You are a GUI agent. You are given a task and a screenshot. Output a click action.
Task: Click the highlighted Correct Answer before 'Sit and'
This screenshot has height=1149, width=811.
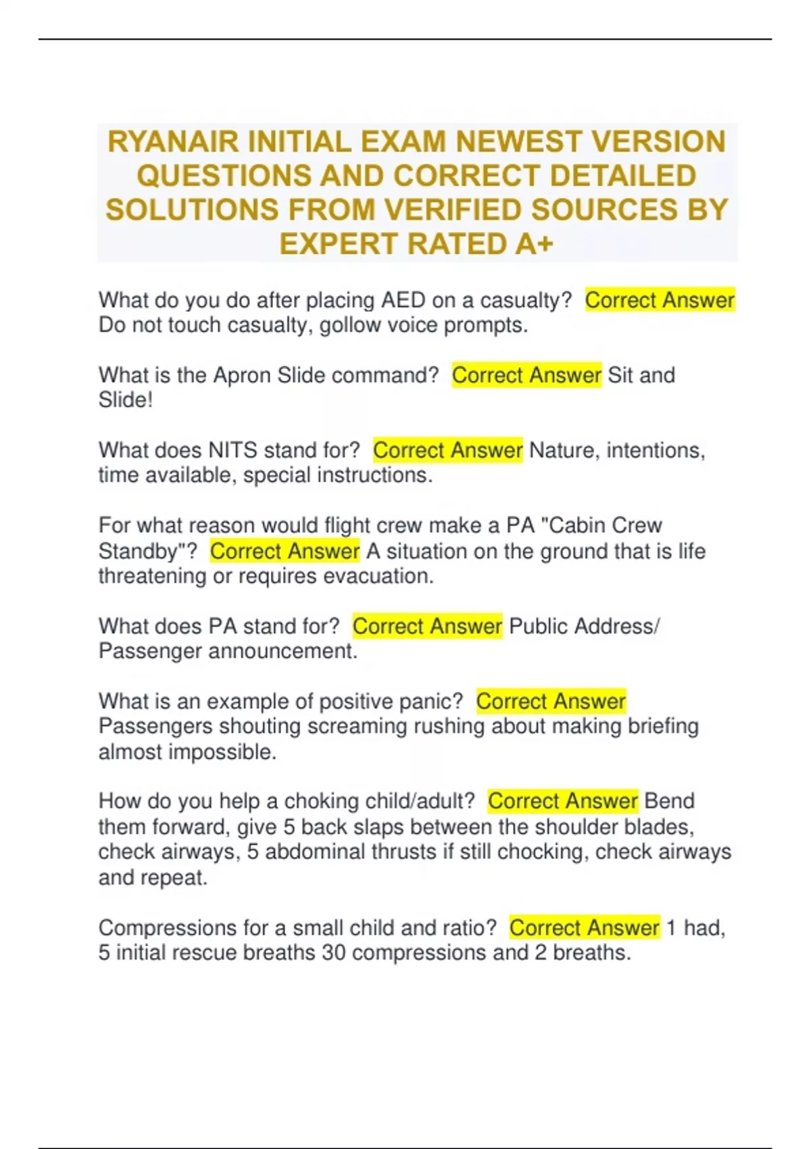pos(526,375)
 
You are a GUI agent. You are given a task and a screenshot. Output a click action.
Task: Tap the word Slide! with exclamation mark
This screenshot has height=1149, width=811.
pos(126,400)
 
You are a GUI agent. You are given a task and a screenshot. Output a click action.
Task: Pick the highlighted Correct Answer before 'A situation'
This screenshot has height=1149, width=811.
pos(285,551)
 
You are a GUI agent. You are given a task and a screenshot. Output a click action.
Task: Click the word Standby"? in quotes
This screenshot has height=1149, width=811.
pos(148,551)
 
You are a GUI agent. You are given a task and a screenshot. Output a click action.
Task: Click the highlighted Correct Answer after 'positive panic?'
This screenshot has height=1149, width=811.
pos(551,701)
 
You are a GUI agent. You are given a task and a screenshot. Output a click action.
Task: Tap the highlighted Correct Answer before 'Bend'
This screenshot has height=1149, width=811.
pos(563,801)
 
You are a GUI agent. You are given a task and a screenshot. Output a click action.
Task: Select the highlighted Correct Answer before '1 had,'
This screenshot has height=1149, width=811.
pos(585,927)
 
